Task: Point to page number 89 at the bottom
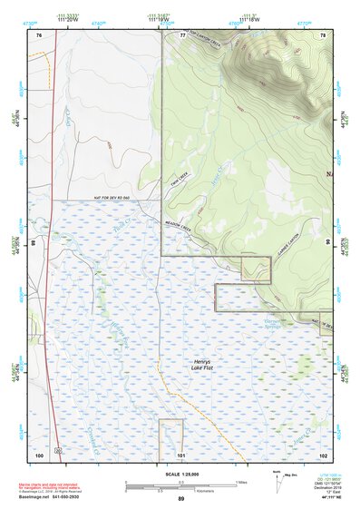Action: tap(180, 498)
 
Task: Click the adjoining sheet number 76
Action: tap(39, 34)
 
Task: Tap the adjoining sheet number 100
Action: tap(39, 453)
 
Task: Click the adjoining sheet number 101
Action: tap(180, 453)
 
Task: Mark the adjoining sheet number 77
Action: tap(180, 34)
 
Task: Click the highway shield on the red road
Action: tap(57, 450)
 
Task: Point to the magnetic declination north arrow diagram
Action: tap(277, 478)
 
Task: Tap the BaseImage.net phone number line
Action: tap(63, 498)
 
